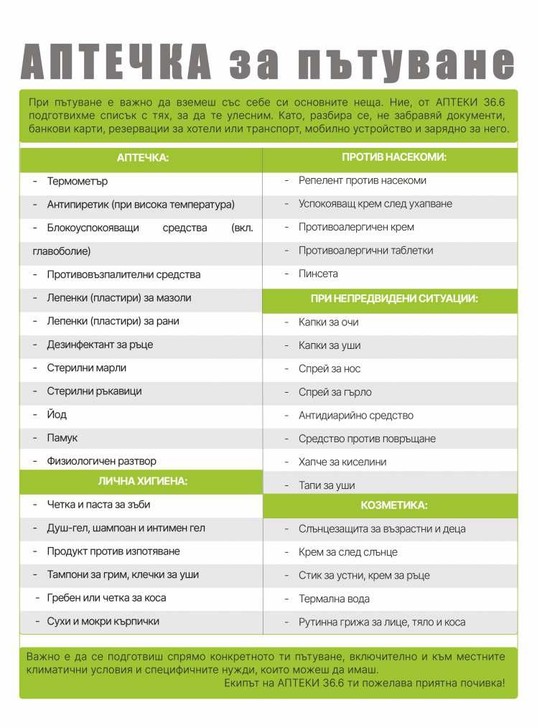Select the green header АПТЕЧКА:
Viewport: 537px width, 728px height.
(x=142, y=158)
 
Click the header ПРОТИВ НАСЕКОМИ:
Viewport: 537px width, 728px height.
(x=393, y=157)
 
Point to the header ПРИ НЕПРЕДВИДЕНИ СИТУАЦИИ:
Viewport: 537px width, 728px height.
(x=394, y=299)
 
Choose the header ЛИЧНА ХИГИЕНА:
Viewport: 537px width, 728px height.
(x=142, y=481)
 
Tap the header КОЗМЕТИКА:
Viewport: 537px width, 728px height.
(x=393, y=505)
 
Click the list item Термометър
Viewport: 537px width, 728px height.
(x=77, y=182)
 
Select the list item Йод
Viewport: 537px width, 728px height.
(x=57, y=415)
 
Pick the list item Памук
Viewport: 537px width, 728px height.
(x=62, y=438)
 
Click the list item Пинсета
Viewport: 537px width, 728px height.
(x=318, y=274)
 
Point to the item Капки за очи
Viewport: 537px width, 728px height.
(x=328, y=322)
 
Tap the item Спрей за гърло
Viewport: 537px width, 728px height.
(x=335, y=392)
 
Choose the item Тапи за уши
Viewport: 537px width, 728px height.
(x=327, y=485)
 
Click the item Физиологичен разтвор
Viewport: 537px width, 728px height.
(x=101, y=461)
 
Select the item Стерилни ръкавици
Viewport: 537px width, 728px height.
(x=94, y=391)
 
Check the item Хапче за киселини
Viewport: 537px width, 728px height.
(x=342, y=462)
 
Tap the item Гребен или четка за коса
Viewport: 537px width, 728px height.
(x=106, y=598)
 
